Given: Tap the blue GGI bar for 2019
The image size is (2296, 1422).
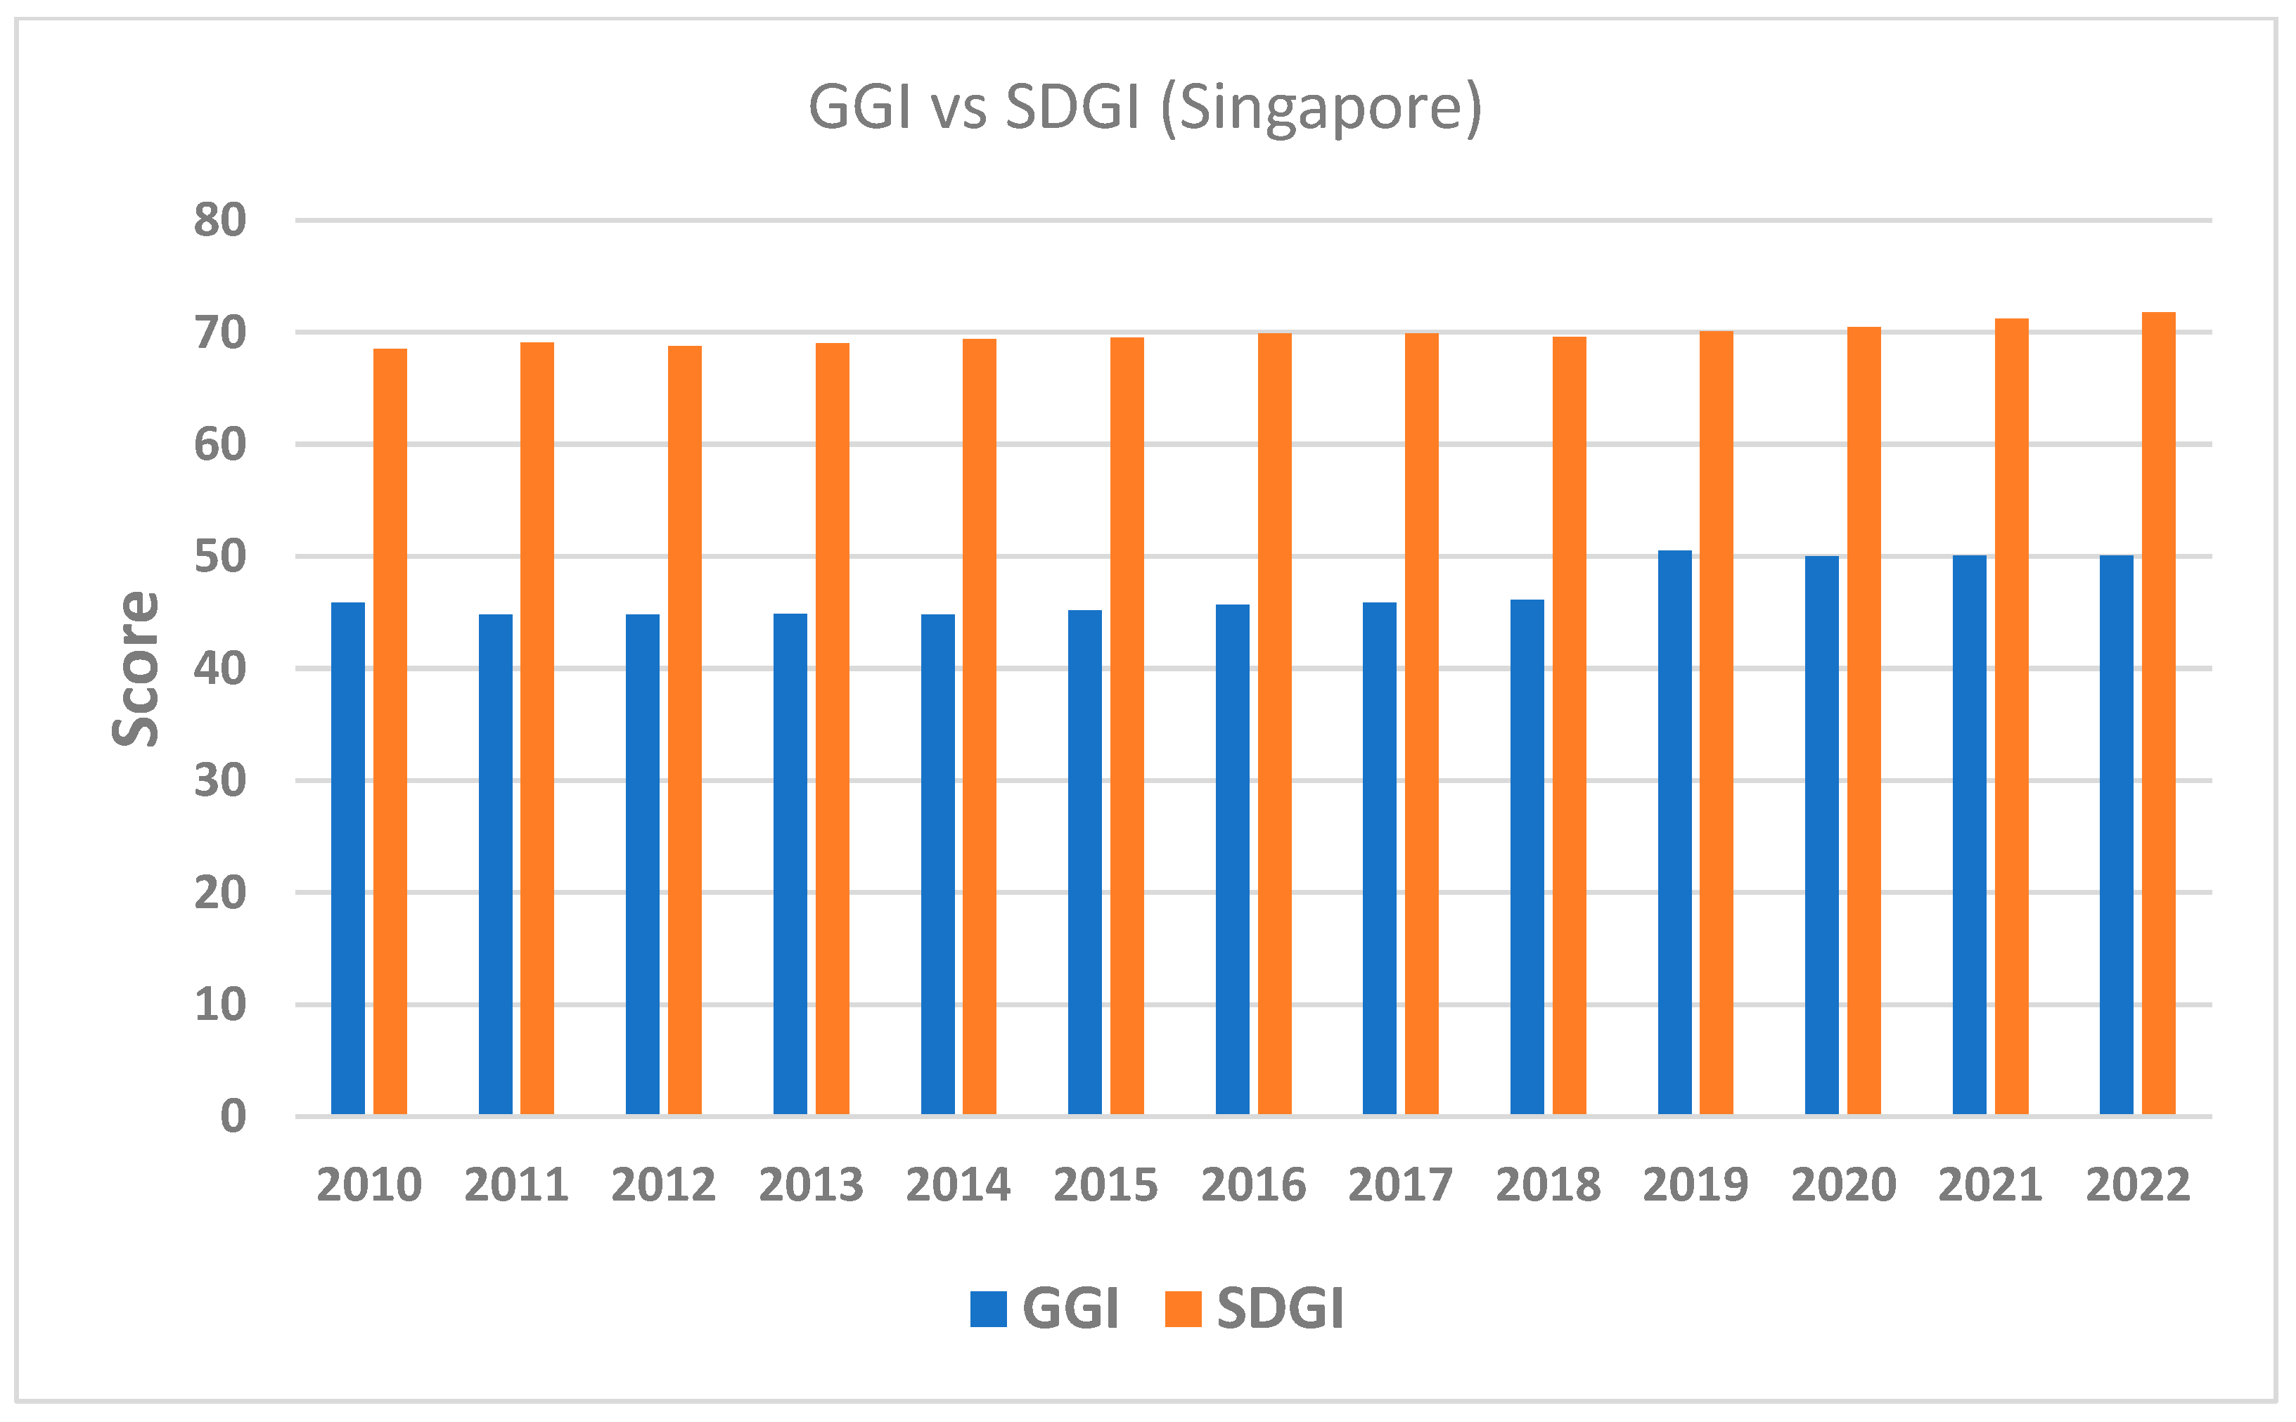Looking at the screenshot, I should (x=1674, y=832).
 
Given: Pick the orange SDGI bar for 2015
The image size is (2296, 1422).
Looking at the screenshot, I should (x=1127, y=725).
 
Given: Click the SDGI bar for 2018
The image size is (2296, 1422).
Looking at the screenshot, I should (x=1569, y=725).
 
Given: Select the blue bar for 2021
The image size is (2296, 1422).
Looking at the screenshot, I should (x=1970, y=834).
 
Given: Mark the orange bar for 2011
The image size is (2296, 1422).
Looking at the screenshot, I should (x=537, y=728).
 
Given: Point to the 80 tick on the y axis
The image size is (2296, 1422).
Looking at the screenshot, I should (x=220, y=221).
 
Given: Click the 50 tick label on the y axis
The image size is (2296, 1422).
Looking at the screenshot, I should (x=220, y=557).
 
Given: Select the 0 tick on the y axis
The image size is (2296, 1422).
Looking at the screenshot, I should (x=232, y=1116).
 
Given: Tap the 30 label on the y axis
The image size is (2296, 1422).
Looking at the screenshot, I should (x=220, y=781).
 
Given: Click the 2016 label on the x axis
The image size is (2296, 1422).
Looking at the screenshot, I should (x=1253, y=1185).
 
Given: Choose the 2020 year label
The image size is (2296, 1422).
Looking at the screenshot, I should (x=1842, y=1185).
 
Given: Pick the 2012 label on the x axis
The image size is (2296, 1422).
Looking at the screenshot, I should (x=663, y=1185).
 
